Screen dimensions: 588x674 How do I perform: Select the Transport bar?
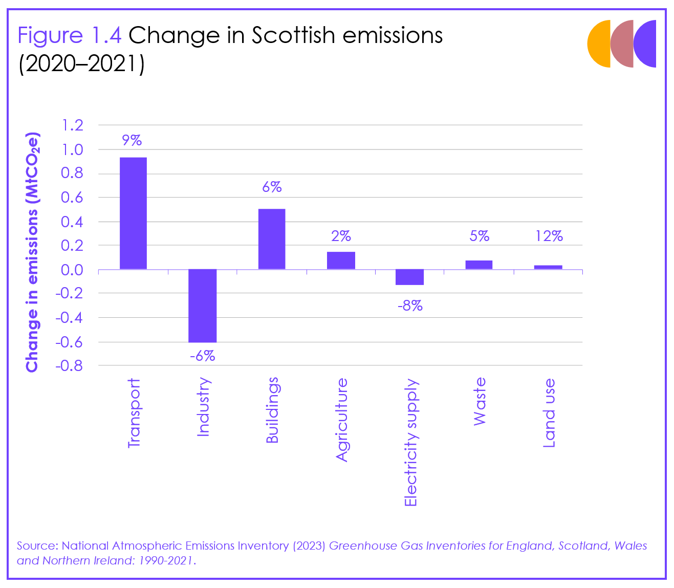[x=133, y=213]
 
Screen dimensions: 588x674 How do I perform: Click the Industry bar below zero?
[x=203, y=306]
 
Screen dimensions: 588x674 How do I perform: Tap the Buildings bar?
[x=272, y=239]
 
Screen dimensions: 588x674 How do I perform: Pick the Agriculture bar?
[x=341, y=260]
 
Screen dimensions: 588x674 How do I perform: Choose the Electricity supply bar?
[x=409, y=277]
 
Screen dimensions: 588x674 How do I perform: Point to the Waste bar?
[x=479, y=265]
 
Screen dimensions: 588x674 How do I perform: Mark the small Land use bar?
[x=548, y=267]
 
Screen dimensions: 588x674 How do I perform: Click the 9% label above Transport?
[x=132, y=140]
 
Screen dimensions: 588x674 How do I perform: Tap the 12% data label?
[x=549, y=236]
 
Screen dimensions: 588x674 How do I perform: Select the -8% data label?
[x=410, y=306]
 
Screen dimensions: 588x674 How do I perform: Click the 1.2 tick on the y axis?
[x=72, y=125]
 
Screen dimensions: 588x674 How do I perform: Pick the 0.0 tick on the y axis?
[x=72, y=270]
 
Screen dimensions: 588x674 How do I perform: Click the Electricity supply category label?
[x=411, y=443]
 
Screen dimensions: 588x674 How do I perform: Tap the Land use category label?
[x=549, y=413]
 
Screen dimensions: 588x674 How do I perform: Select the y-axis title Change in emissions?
[x=32, y=252]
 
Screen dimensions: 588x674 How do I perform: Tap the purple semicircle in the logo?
[x=646, y=43]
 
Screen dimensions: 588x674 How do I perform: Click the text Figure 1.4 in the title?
[x=70, y=35]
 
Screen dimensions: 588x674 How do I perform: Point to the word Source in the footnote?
[x=35, y=546]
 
